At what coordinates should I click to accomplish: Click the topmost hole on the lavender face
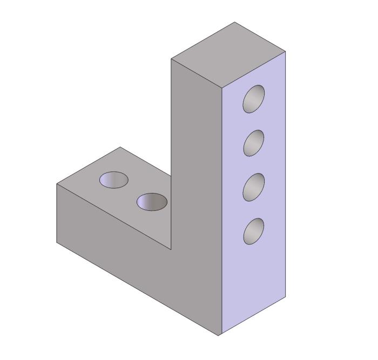(254, 99)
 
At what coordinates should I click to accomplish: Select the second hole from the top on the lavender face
(254, 143)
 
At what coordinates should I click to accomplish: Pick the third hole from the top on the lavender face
(253, 186)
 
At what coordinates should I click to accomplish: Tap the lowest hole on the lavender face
(253, 231)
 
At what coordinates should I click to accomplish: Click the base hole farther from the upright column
(113, 179)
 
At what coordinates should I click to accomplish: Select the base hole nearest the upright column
(152, 202)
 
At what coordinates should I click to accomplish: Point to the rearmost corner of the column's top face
(235, 22)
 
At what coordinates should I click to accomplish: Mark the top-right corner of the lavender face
(285, 51)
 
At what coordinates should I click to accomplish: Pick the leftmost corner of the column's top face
(171, 58)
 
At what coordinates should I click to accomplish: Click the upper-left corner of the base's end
(57, 184)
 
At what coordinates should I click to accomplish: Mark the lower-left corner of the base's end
(57, 243)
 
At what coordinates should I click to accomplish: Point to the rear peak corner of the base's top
(120, 147)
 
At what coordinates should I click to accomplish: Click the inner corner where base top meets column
(171, 250)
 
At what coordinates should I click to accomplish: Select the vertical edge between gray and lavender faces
(221, 211)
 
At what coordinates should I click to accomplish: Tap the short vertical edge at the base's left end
(57, 214)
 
